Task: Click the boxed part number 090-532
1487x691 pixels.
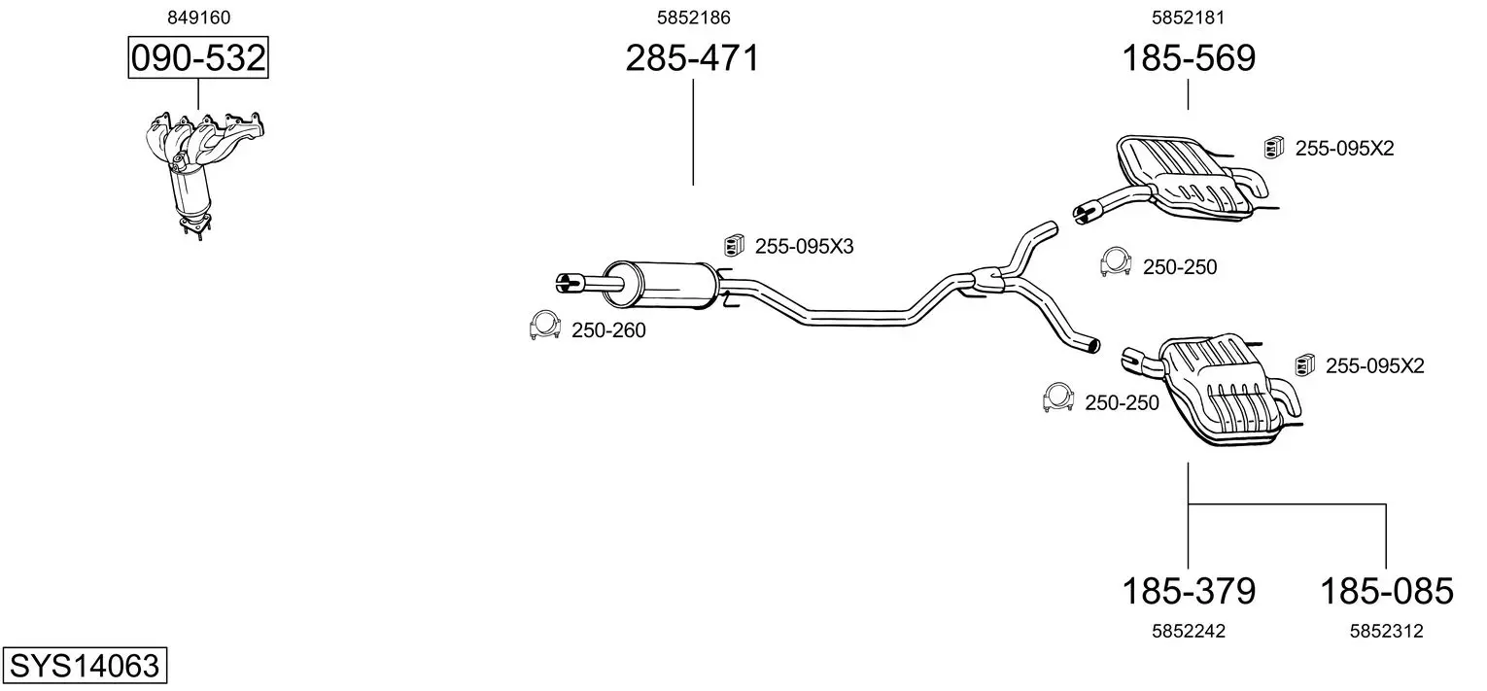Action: coord(198,57)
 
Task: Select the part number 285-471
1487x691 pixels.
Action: coord(692,58)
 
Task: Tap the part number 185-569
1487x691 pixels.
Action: coord(1189,58)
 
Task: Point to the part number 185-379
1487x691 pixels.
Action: coord(1189,591)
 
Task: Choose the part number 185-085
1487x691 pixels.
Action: coord(1386,591)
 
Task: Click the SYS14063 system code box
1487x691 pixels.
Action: coord(85,665)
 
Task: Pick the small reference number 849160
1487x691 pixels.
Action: coord(198,17)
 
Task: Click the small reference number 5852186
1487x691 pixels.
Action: coord(693,17)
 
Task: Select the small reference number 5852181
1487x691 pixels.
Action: coord(1188,17)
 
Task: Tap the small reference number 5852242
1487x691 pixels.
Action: coord(1189,631)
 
